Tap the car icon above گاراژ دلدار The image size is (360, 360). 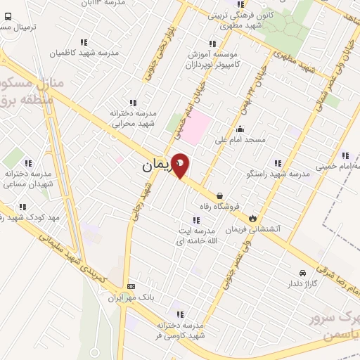tap(302, 273)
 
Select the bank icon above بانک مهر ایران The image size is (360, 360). tap(131, 286)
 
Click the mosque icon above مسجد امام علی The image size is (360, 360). tap(240, 129)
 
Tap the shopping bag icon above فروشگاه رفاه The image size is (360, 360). tap(221, 196)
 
